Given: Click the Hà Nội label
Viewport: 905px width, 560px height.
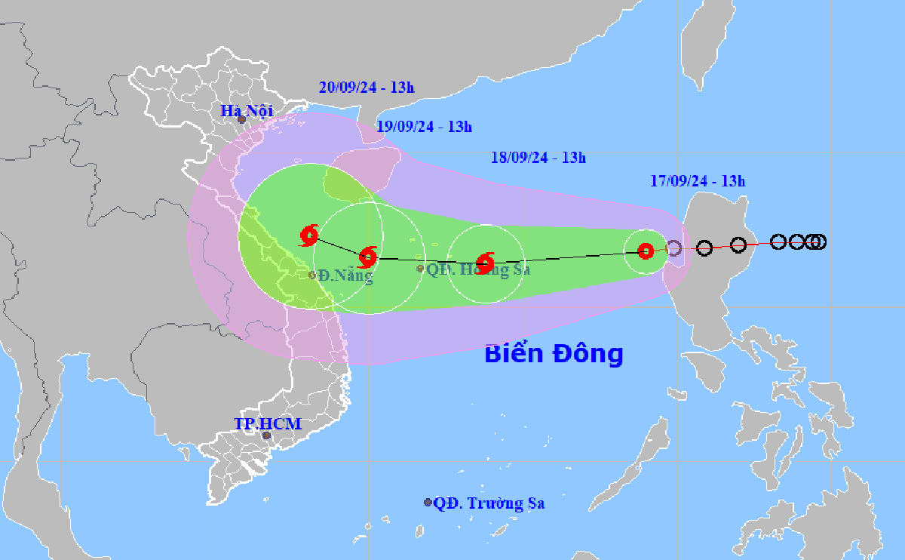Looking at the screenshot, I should click(x=247, y=111).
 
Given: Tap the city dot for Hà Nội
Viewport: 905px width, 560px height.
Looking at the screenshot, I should click(x=241, y=119).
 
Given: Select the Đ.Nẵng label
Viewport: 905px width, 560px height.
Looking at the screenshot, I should click(x=345, y=275).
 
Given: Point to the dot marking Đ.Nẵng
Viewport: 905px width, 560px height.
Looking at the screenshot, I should click(x=312, y=275).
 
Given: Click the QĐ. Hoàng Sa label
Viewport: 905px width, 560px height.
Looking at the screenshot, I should click(x=478, y=269).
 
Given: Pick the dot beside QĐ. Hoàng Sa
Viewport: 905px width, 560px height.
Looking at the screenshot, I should click(x=420, y=268).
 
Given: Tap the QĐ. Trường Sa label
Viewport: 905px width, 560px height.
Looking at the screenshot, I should click(x=489, y=503).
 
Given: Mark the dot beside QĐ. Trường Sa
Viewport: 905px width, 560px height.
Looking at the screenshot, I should click(x=428, y=503).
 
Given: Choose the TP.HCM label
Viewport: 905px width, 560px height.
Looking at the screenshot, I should click(x=268, y=424).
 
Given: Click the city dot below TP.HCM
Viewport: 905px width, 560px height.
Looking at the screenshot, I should click(x=265, y=435).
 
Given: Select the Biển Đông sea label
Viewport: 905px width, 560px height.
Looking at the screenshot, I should click(x=554, y=353).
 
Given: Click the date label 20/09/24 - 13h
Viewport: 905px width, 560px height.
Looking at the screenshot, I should click(x=367, y=88).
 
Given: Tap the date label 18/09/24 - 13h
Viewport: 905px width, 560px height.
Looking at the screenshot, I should click(x=538, y=158).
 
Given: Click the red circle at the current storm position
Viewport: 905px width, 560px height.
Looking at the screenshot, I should click(x=645, y=251).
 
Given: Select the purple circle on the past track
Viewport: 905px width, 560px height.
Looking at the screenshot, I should click(x=674, y=248).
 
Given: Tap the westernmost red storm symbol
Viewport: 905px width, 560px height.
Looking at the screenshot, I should click(x=309, y=235).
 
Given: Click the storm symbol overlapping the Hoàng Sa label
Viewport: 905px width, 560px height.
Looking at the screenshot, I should click(x=485, y=262).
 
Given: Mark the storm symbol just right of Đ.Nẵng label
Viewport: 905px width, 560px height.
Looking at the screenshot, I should click(x=367, y=257).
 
